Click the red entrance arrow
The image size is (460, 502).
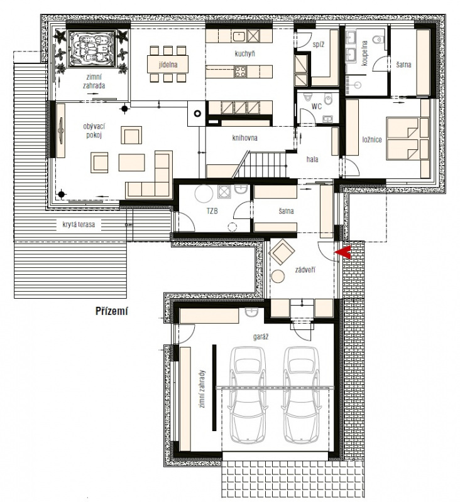[343, 253]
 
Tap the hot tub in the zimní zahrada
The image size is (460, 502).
[92, 48]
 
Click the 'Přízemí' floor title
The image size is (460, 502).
[112, 311]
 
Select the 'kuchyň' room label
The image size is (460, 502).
[244, 53]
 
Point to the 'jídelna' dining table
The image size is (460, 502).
[168, 65]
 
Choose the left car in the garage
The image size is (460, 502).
[248, 395]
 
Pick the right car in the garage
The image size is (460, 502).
[302, 395]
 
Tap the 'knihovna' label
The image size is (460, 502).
[244, 138]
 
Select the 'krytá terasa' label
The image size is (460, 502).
[79, 225]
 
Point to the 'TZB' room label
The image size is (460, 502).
[212, 211]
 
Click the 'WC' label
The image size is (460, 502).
[316, 106]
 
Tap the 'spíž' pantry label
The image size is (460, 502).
[319, 45]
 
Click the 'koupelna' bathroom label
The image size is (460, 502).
[364, 53]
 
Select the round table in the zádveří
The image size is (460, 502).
[278, 276]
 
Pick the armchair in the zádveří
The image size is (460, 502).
[282, 252]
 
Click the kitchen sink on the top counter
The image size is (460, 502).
[239, 36]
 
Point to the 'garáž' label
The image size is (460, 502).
[261, 336]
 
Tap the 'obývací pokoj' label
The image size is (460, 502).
[94, 131]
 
